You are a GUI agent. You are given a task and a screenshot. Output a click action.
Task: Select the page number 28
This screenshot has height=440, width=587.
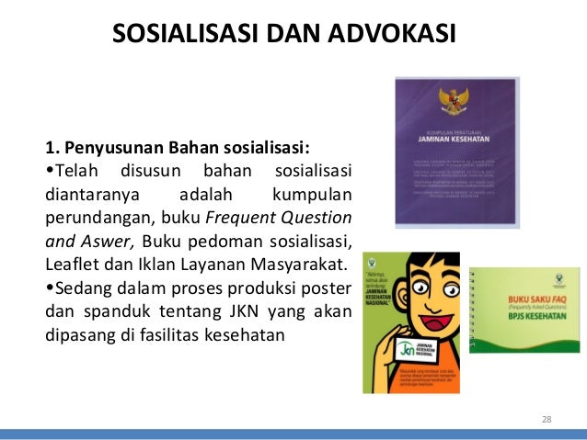point(547,420)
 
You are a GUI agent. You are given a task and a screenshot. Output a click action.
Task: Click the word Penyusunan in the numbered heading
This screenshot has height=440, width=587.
point(110,148)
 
